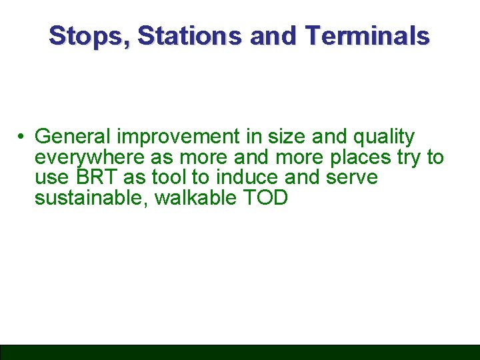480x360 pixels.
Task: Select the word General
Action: coord(73,137)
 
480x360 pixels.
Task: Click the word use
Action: coord(51,178)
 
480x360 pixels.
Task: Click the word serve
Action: coord(352,178)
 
